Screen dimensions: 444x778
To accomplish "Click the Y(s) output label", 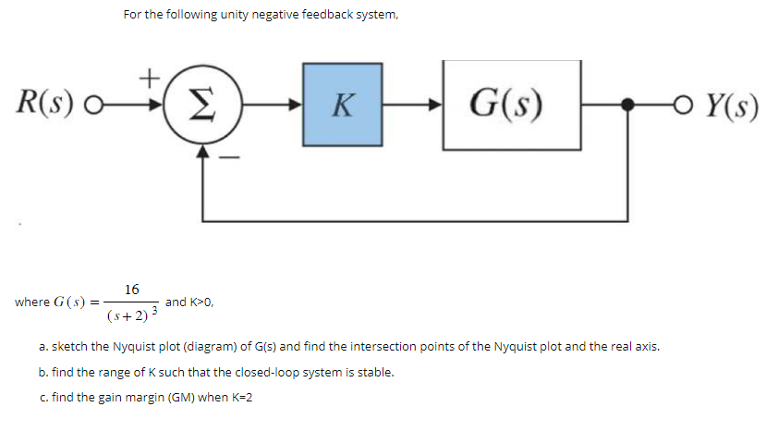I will [731, 105].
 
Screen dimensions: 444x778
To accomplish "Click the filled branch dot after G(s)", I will [628, 105].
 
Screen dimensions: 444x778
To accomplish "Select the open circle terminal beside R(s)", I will [89, 105].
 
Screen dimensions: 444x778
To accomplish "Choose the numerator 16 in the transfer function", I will [132, 290].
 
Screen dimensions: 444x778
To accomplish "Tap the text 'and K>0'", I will [190, 302].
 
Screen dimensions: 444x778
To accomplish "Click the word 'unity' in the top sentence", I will [210, 15].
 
